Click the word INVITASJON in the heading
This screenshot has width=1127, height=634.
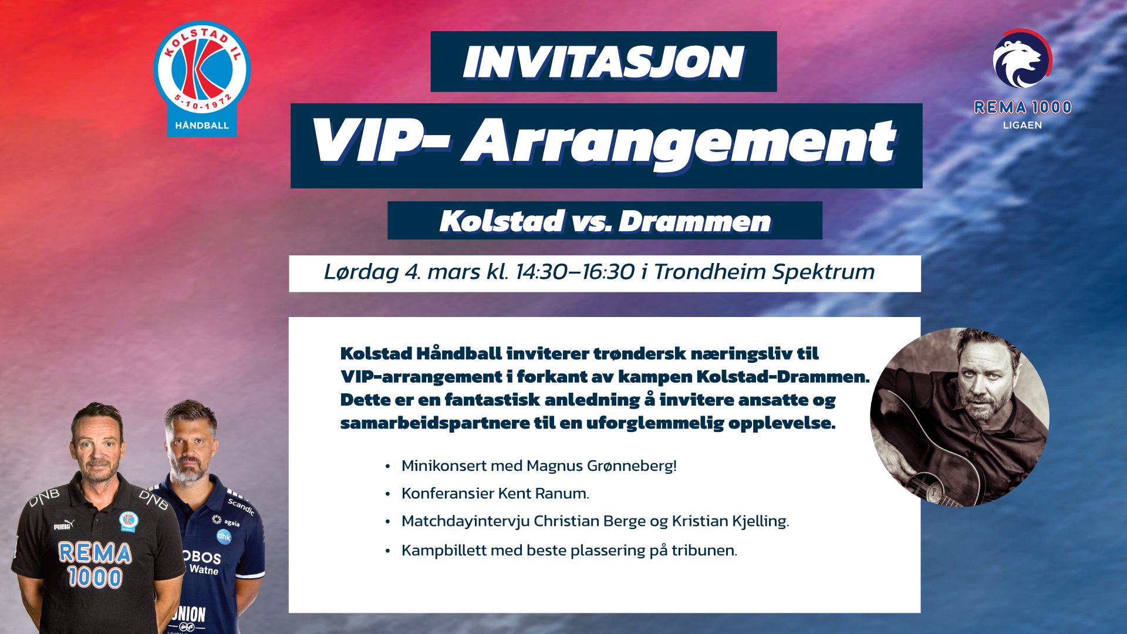pos(603,62)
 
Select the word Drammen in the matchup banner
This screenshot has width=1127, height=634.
pos(695,221)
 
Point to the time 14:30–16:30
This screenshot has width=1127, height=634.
pos(575,272)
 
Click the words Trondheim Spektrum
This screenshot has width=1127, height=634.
pos(764,272)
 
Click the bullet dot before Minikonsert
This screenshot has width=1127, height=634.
pos(387,467)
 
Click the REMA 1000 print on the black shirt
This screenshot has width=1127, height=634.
pos(95,565)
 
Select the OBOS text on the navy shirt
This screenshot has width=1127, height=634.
pos(202,557)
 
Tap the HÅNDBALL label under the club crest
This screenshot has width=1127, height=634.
pos(202,126)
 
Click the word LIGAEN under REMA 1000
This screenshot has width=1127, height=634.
pos(1023,125)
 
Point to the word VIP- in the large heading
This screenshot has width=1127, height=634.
pos(380,141)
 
